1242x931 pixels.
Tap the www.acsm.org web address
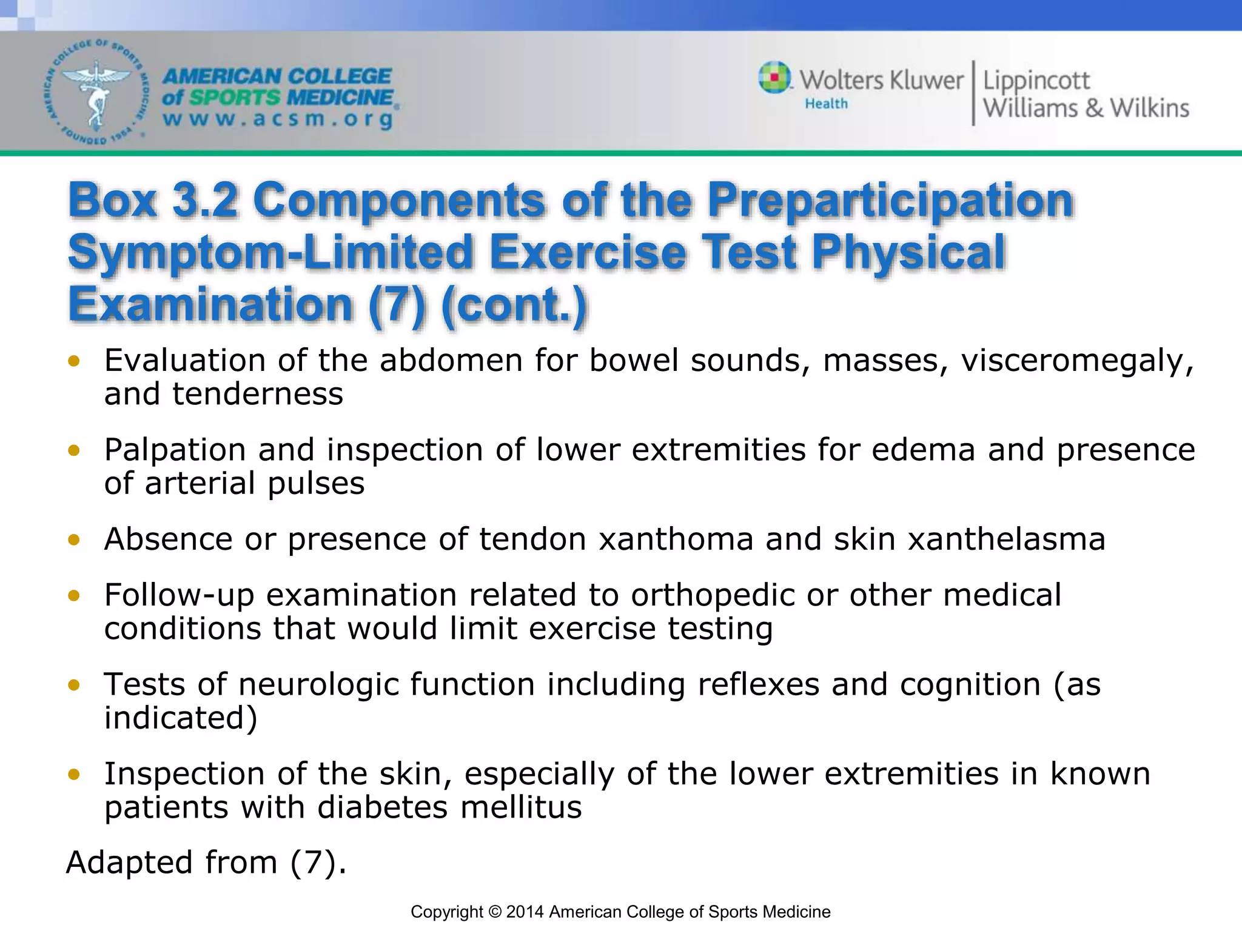click(x=278, y=118)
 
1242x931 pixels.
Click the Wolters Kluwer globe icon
click(x=774, y=78)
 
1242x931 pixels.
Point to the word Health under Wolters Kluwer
click(x=826, y=104)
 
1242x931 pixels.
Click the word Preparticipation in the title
click(x=890, y=199)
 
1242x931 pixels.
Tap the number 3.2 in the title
click(x=204, y=199)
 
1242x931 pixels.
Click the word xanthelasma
click(x=1007, y=539)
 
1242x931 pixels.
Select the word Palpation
click(x=175, y=450)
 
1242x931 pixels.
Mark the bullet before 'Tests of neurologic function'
click(x=74, y=685)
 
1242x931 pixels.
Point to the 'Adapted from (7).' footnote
click(x=206, y=863)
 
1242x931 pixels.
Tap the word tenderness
click(x=258, y=394)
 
